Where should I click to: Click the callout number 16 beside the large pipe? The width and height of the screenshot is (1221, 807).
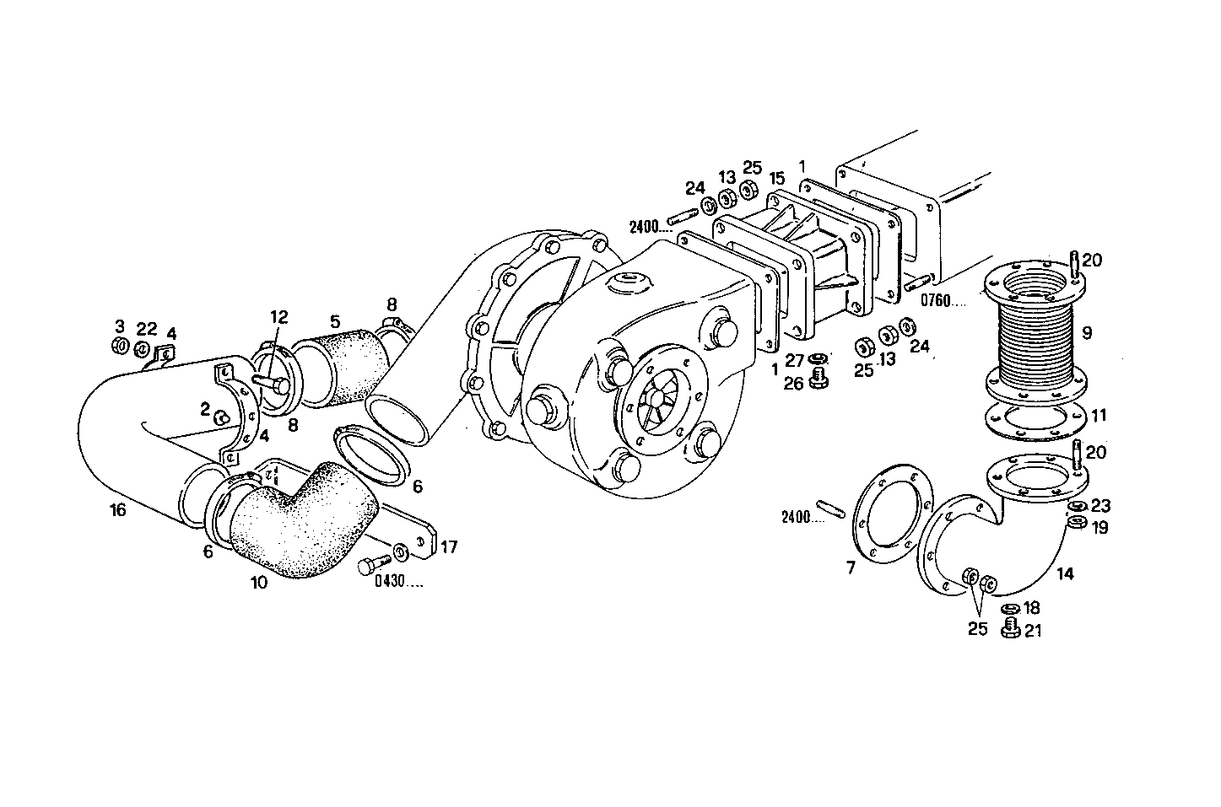117,511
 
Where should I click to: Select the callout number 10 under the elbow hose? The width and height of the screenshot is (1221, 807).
259,583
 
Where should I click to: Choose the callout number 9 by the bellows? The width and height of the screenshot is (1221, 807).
1087,333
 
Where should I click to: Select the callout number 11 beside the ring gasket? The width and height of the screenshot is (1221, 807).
1098,416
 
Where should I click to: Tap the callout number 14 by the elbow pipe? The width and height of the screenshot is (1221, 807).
1065,574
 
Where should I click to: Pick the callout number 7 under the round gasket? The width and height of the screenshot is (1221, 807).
851,568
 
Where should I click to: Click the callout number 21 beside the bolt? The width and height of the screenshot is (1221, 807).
1033,630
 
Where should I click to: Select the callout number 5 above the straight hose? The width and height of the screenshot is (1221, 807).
335,321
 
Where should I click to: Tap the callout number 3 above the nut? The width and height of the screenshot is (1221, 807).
120,326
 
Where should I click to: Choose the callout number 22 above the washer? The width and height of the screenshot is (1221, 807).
147,328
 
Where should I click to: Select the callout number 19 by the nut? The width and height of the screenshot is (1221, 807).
1099,528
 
